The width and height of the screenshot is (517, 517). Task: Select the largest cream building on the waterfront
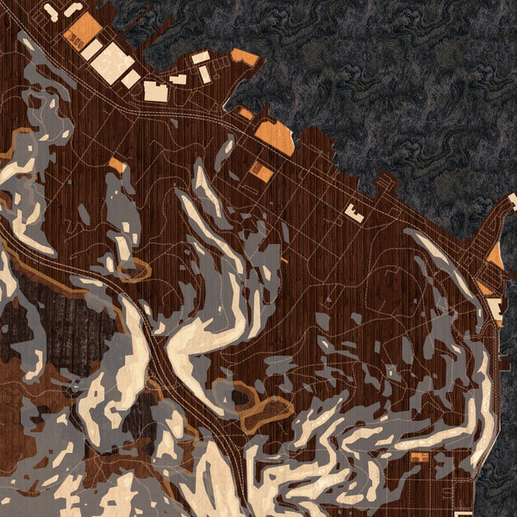(x=112, y=63)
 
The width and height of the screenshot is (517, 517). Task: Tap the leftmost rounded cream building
(x=51, y=13)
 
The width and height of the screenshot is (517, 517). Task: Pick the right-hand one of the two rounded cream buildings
(x=72, y=9)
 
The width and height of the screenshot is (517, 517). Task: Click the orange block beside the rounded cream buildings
(x=80, y=30)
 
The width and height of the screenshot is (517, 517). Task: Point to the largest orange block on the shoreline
(x=275, y=137)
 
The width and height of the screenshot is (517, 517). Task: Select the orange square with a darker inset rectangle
(x=260, y=171)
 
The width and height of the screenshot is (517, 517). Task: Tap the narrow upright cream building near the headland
(x=205, y=74)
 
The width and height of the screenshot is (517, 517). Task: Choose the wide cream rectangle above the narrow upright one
(x=200, y=58)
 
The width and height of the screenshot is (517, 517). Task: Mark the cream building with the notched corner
(x=156, y=91)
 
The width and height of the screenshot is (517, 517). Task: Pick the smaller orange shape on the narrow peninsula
(x=483, y=287)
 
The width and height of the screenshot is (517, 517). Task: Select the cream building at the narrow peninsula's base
(x=495, y=308)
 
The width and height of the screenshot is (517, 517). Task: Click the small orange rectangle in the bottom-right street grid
(x=420, y=457)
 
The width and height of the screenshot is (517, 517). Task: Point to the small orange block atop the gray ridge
(x=116, y=164)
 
